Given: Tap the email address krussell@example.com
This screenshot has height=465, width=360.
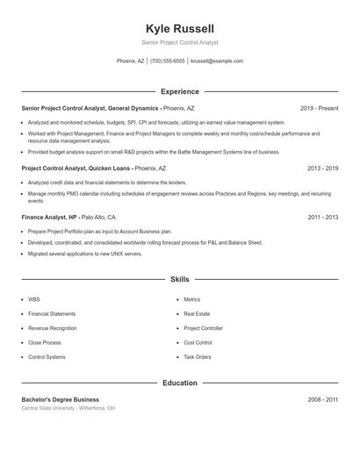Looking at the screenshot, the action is point(216,61).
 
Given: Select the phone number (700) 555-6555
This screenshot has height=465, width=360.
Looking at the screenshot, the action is point(167,61).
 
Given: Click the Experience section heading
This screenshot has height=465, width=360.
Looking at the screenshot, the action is point(179,91).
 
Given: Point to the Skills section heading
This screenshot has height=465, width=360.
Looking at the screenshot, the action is point(179,279).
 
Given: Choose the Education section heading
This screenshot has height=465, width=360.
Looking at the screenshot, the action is point(179,383).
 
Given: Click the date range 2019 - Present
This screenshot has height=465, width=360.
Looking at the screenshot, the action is point(319,108).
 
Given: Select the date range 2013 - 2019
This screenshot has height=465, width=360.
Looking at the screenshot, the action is point(322,168).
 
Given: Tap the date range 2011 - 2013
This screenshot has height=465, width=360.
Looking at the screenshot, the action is point(322,217).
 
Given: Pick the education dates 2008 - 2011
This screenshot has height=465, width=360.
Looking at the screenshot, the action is point(322,399).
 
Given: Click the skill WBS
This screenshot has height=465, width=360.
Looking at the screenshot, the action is point(34,299).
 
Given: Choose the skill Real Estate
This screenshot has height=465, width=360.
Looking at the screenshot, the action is point(196,313).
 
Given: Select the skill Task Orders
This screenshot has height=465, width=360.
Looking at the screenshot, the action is point(197,357).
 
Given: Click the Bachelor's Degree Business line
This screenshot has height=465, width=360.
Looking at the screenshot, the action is point(61,399).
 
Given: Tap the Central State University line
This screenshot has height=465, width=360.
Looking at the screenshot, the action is point(68,408).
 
